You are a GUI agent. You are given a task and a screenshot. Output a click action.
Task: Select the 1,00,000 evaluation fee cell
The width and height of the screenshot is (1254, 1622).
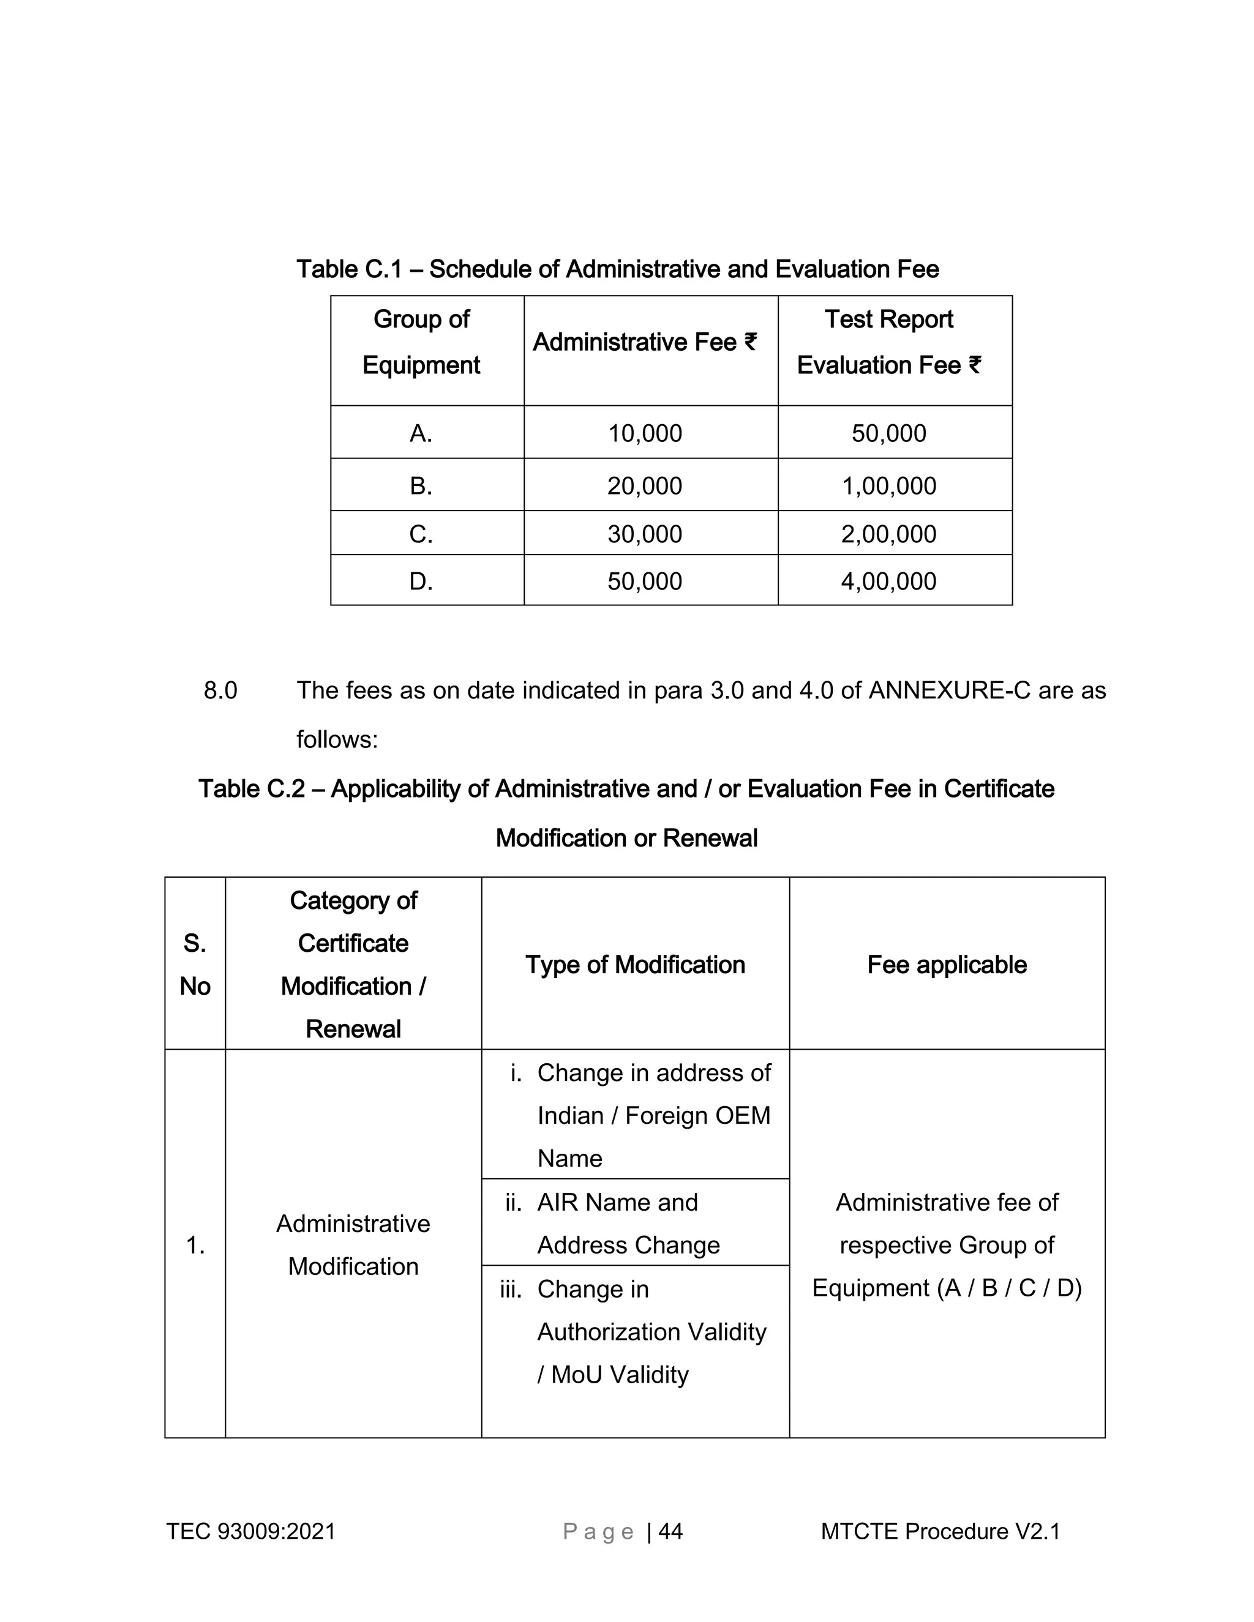888,486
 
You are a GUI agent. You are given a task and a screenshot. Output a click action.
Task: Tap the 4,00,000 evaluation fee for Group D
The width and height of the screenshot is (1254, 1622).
888,581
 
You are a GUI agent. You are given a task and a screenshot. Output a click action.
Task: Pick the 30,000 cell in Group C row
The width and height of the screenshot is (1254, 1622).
645,534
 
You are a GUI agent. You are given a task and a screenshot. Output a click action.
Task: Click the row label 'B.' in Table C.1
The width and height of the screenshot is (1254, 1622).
421,486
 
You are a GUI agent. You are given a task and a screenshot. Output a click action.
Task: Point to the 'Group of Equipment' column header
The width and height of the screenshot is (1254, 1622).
421,342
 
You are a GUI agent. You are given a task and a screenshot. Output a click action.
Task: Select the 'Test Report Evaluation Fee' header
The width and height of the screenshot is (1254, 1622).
888,342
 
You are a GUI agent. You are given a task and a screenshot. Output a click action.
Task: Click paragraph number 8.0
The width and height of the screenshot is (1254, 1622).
220,690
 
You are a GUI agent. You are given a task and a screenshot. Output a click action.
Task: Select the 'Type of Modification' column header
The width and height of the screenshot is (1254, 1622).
635,965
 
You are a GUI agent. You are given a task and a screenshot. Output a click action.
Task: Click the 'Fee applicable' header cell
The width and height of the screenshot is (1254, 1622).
947,965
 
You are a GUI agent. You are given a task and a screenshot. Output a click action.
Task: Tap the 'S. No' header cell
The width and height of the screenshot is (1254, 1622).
195,965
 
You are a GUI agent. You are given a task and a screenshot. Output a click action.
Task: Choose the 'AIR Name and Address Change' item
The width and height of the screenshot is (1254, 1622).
628,1223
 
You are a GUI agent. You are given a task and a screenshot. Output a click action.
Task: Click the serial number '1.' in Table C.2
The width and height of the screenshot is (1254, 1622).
195,1246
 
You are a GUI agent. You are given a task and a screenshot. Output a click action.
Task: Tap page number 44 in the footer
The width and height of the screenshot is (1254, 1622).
670,1531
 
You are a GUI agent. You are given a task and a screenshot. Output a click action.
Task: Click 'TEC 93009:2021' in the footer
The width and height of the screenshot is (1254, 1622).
250,1531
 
